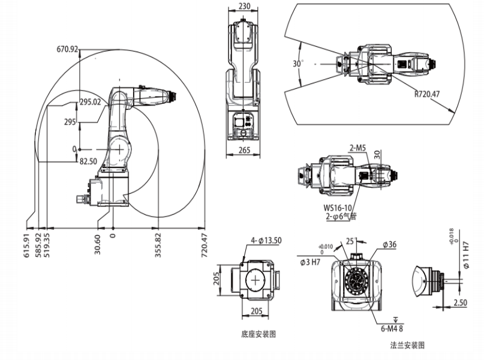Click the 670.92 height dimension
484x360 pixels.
(68, 49)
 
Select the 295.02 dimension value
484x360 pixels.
(91, 102)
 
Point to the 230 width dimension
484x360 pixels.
(244, 7)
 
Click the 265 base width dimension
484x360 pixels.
(243, 151)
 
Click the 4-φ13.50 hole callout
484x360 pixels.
(266, 241)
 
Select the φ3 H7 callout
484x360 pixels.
(312, 260)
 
